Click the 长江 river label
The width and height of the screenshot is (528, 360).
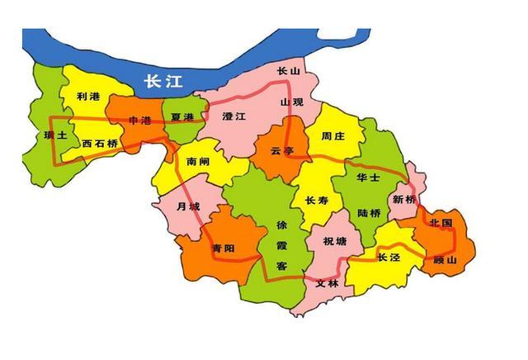(x=161, y=81)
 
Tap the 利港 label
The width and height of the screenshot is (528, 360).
(x=87, y=97)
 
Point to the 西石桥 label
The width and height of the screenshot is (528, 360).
(x=100, y=143)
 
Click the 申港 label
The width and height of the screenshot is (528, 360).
(x=140, y=121)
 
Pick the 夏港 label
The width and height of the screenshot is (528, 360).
(x=181, y=118)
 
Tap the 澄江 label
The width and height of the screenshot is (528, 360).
(x=235, y=118)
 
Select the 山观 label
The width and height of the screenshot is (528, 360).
(x=292, y=102)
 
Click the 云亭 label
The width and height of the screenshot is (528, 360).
(x=281, y=150)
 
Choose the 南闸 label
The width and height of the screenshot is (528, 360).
(x=198, y=162)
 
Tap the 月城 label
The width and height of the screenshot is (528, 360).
(x=188, y=206)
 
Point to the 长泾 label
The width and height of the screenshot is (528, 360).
(x=389, y=257)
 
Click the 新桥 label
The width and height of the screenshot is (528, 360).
(x=404, y=199)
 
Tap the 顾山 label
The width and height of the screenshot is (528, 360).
(x=444, y=259)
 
